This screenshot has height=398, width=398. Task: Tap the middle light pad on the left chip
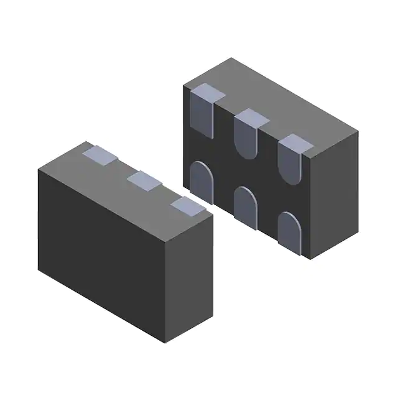pyautogui.click(x=143, y=180)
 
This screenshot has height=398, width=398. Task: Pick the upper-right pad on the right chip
pyautogui.click(x=291, y=157)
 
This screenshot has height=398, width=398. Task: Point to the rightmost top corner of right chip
pyautogui.click(x=359, y=131)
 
